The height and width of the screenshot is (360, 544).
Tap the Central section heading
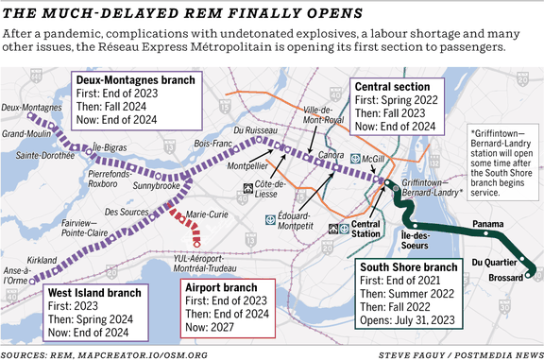(394, 87)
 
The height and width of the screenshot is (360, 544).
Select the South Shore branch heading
(409, 267)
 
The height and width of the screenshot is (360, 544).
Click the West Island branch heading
(96, 294)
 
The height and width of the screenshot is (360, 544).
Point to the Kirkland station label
(43, 259)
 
